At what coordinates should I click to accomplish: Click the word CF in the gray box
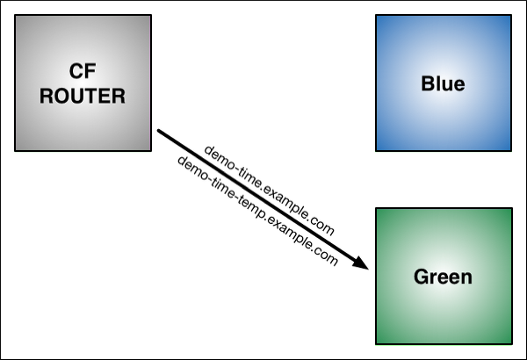(x=83, y=71)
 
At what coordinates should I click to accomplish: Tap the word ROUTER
(x=83, y=96)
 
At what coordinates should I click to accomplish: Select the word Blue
(x=443, y=83)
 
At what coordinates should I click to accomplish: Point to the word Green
(x=443, y=277)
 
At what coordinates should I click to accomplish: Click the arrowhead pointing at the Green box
(x=361, y=263)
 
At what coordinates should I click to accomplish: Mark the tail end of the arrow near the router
(x=158, y=131)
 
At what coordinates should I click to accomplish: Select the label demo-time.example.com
(x=270, y=191)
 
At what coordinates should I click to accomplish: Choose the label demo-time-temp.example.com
(x=257, y=211)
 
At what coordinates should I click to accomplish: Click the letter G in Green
(x=421, y=277)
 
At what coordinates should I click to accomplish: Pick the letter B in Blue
(x=427, y=83)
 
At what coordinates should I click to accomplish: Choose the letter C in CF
(x=76, y=71)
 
